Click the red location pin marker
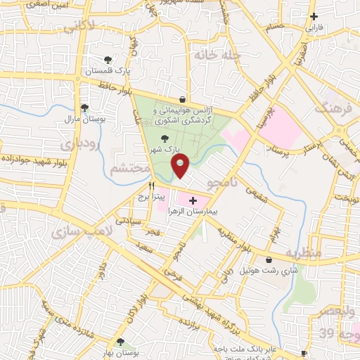(x=181, y=167)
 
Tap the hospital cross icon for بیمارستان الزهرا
(x=193, y=201)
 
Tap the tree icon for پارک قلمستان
(x=108, y=60)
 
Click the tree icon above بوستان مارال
(x=84, y=108)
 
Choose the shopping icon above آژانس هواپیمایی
(x=183, y=99)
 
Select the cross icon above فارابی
(x=314, y=17)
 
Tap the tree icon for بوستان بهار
(x=120, y=342)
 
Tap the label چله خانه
(x=220, y=54)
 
